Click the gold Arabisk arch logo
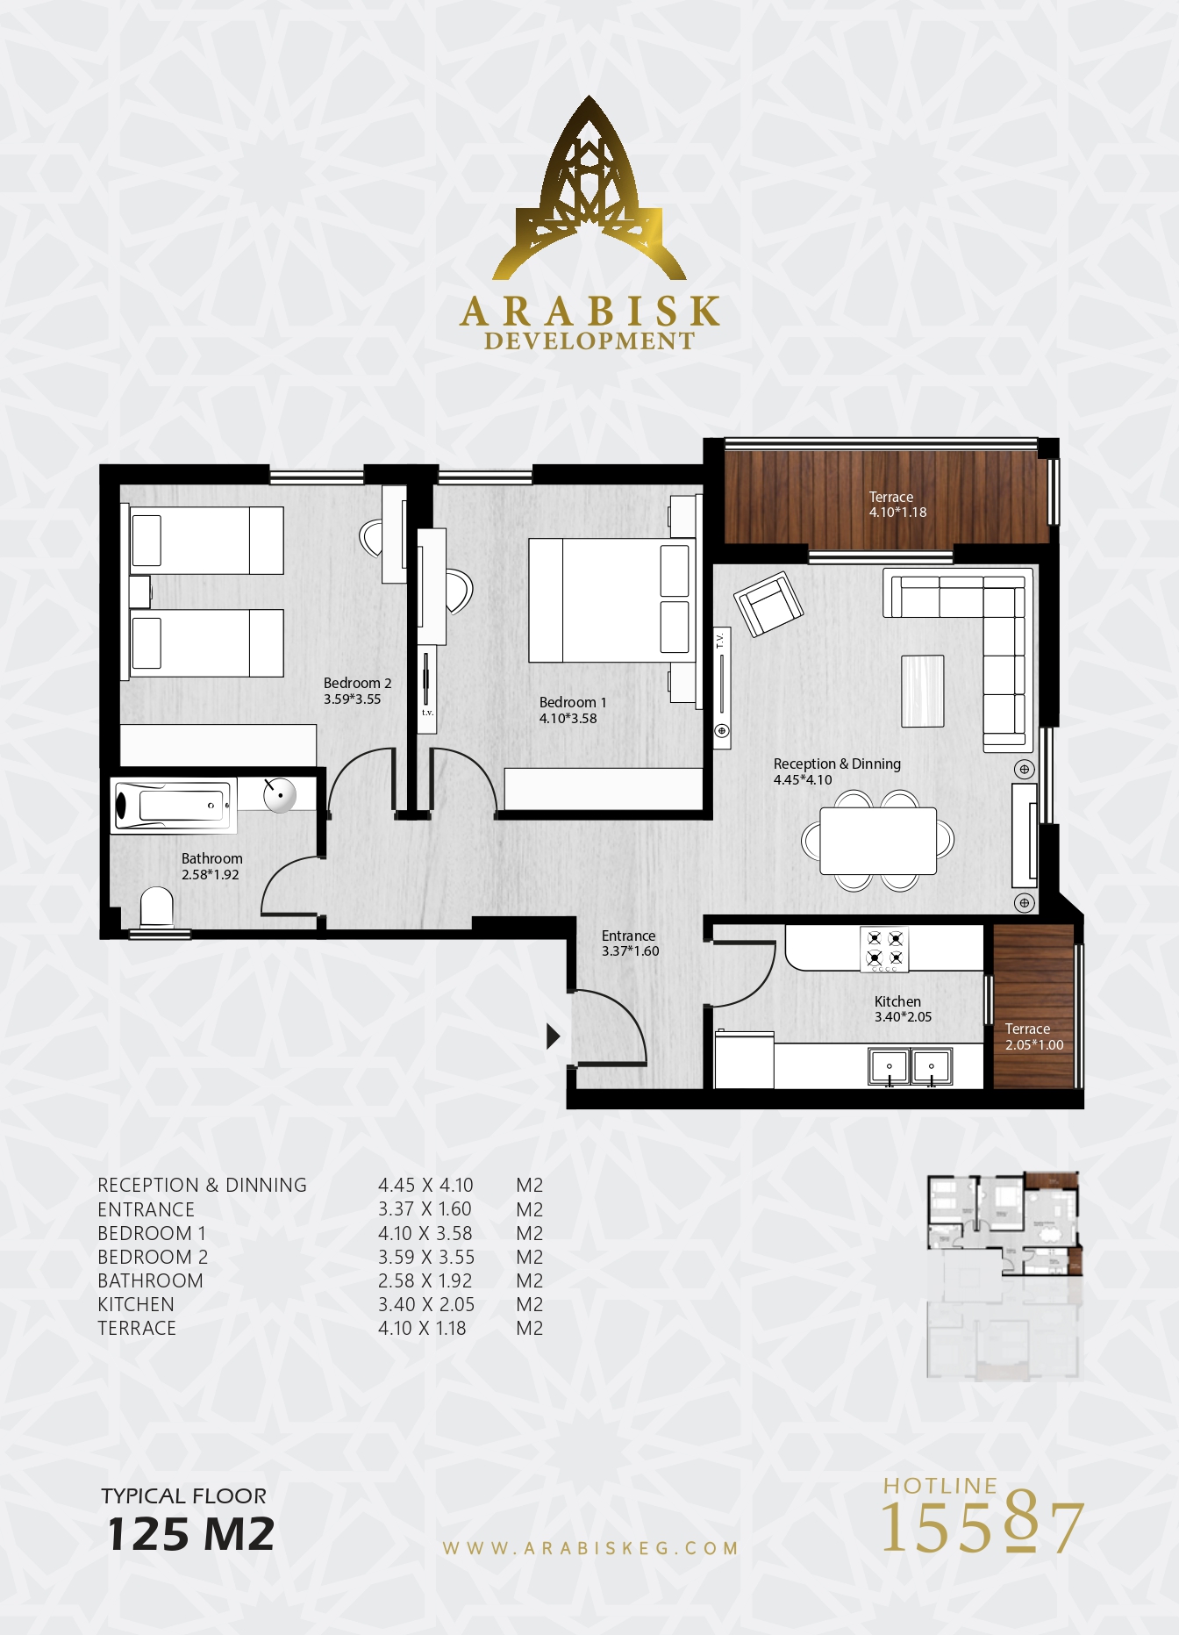pyautogui.click(x=589, y=189)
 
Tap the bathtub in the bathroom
pyautogui.click(x=174, y=805)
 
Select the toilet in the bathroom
pyautogui.click(x=157, y=907)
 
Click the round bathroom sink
pyautogui.click(x=280, y=795)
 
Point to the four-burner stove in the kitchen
pyautogui.click(x=884, y=949)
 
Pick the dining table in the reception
pyautogui.click(x=878, y=841)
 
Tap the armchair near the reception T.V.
pyautogui.click(x=769, y=603)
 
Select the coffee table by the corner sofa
pyautogui.click(x=923, y=692)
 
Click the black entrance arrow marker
pyautogui.click(x=553, y=1036)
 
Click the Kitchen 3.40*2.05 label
pyautogui.click(x=903, y=1009)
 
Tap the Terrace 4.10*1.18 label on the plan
pyautogui.click(x=897, y=505)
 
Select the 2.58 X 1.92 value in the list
pyautogui.click(x=425, y=1281)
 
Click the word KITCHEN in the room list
pyautogui.click(x=136, y=1305)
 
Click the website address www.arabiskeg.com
pyautogui.click(x=590, y=1549)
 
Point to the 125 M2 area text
pyautogui.click(x=190, y=1534)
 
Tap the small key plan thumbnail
pyautogui.click(x=1004, y=1275)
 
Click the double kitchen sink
pyautogui.click(x=911, y=1066)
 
